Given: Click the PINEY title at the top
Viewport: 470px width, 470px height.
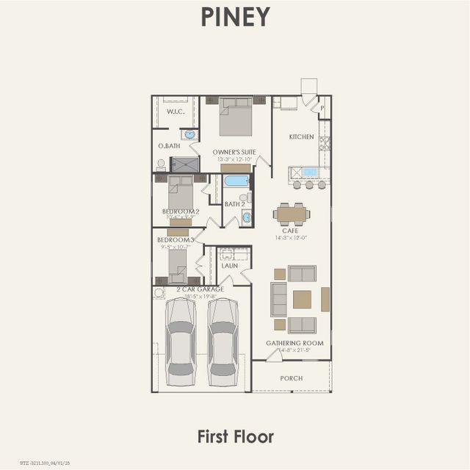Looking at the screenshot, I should click(235, 17).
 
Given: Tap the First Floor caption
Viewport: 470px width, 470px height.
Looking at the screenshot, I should click(235, 436).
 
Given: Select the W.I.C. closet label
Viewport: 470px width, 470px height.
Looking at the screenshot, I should click(175, 112).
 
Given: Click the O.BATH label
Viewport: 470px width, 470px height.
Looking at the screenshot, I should click(169, 146).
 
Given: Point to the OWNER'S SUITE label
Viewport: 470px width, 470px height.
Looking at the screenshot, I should click(234, 152).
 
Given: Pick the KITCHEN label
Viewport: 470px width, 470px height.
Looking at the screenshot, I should click(301, 137).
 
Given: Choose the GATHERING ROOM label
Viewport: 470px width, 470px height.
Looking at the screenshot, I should click(294, 343).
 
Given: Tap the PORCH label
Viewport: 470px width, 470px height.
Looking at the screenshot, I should click(292, 378).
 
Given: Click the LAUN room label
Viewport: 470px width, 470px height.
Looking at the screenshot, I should click(230, 266).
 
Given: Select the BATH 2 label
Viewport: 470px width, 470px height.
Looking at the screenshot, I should click(234, 204).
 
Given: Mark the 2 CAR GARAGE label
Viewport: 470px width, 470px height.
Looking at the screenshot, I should click(200, 289).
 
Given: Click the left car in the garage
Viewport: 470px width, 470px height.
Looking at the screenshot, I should click(181, 341).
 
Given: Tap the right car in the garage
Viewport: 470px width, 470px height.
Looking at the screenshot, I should click(223, 341).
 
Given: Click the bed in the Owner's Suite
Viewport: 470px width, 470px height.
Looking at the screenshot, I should click(236, 117).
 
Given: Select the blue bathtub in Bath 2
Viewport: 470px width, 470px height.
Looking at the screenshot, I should click(236, 181).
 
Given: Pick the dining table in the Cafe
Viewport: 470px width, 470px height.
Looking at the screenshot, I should click(292, 214).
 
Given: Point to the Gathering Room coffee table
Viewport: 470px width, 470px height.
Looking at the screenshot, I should click(302, 299).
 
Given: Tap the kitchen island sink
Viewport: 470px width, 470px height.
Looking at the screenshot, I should click(310, 173).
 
